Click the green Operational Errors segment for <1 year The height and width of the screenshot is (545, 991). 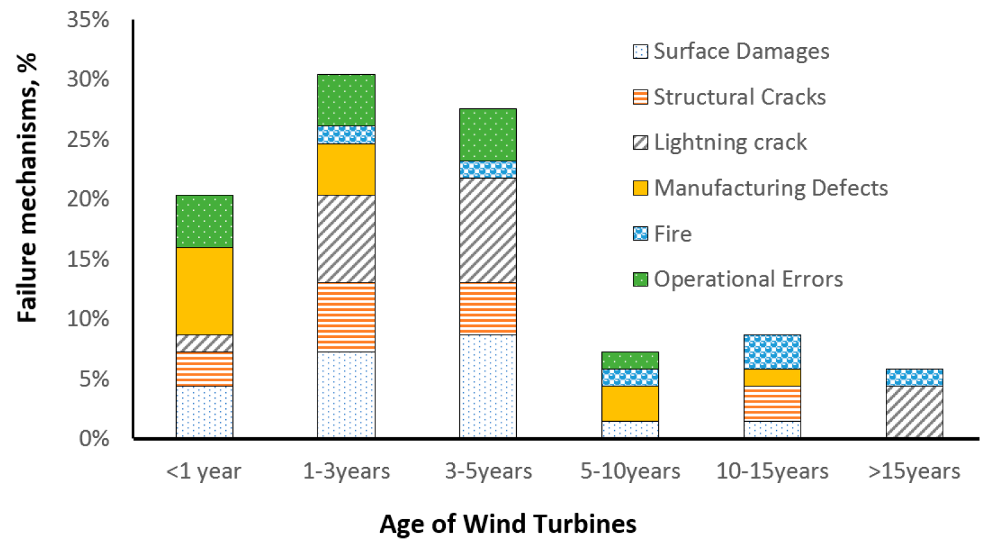click(x=204, y=221)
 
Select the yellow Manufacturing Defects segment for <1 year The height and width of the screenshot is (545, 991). click(x=204, y=291)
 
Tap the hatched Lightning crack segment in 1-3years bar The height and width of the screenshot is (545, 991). click(x=346, y=239)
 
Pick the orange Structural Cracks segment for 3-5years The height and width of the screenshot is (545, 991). click(x=488, y=308)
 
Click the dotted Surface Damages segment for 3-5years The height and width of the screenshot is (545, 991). click(x=488, y=386)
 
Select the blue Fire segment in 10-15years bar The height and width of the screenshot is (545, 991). click(x=772, y=352)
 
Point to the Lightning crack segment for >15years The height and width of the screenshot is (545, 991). click(x=914, y=411)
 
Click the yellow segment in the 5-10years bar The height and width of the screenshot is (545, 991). click(x=630, y=403)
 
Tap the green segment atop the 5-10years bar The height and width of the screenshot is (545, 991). click(x=630, y=360)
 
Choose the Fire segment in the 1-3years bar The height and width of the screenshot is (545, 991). click(x=346, y=134)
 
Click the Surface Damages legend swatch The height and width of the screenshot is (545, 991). click(x=640, y=52)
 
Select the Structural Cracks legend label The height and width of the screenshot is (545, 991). click(x=739, y=97)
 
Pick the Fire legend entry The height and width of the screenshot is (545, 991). click(x=672, y=233)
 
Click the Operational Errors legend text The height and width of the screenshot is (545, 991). click(x=748, y=279)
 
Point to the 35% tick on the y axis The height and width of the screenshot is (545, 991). click(x=88, y=19)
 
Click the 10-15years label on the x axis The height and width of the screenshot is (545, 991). click(x=772, y=471)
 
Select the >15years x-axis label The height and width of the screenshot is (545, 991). click(x=914, y=471)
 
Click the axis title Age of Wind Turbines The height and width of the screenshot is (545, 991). click(x=508, y=523)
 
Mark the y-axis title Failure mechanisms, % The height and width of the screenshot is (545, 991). click(x=27, y=187)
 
